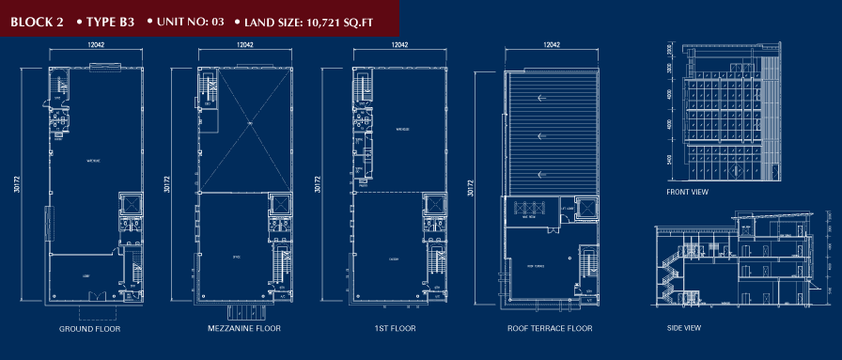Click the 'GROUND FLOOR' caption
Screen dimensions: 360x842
coord(89,330)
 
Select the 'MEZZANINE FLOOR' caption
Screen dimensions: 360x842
coord(244,330)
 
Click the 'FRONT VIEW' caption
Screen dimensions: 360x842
coord(688,192)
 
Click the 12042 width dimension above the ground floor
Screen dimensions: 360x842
coord(95,45)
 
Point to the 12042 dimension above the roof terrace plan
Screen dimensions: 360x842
coord(552,45)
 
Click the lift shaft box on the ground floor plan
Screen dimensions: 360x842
coord(129,205)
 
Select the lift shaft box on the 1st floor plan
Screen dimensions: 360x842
coord(433,205)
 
